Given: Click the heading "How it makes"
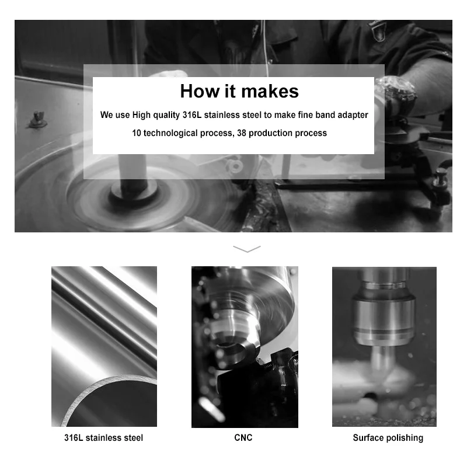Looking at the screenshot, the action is point(239,91).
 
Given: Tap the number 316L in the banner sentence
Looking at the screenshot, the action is point(192,114).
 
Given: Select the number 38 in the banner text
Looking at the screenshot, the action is point(242,133).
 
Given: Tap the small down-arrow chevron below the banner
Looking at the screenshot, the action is point(247,249).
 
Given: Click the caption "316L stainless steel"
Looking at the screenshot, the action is point(104,438).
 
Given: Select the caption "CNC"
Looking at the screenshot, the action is point(243,438).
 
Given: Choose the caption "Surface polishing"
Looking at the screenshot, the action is point(388,438).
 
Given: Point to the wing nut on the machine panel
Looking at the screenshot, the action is point(38,120).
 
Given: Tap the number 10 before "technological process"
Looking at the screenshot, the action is point(137,133).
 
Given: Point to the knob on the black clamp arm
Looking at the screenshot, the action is point(440,177).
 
